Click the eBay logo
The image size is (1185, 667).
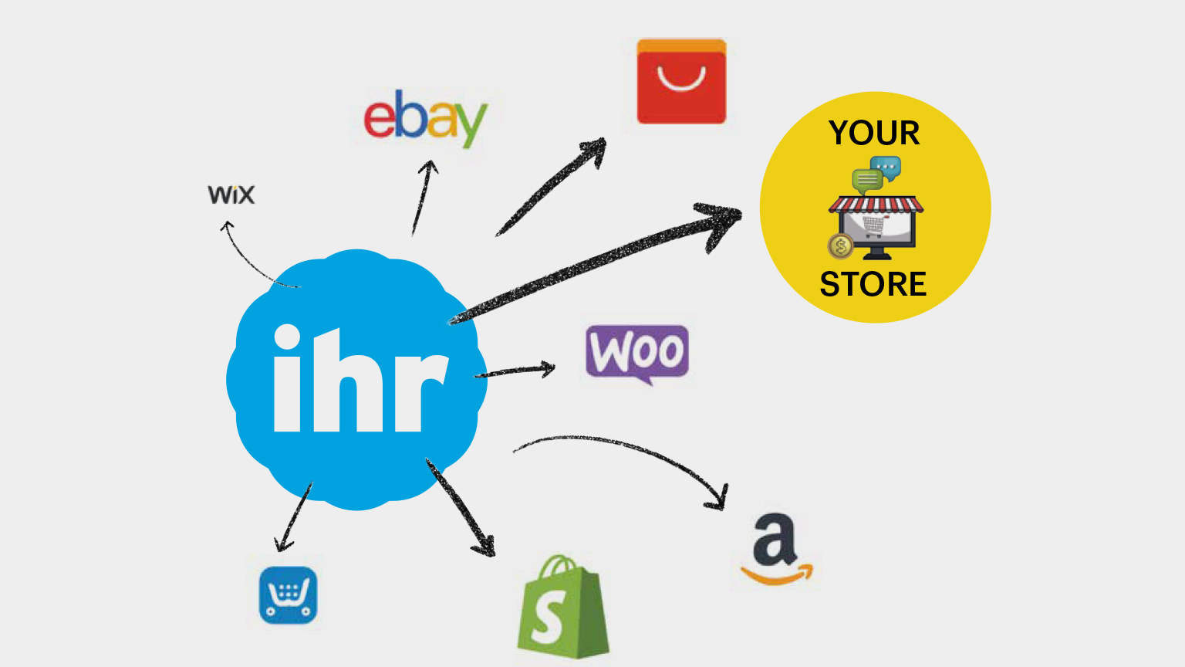click(x=425, y=117)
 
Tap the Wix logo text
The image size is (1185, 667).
click(x=231, y=195)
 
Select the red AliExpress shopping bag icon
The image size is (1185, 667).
click(x=681, y=82)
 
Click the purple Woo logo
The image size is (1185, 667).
click(x=637, y=353)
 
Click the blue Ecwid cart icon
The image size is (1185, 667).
click(x=288, y=595)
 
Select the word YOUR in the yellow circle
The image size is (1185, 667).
click(x=874, y=134)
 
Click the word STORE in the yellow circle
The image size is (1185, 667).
click(x=873, y=285)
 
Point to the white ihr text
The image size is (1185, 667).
click(x=360, y=380)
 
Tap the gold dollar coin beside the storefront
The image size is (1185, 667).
click(x=840, y=246)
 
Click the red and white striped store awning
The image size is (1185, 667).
click(x=876, y=205)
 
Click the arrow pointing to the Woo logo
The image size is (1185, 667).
click(x=515, y=371)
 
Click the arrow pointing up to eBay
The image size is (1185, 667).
click(x=423, y=197)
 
